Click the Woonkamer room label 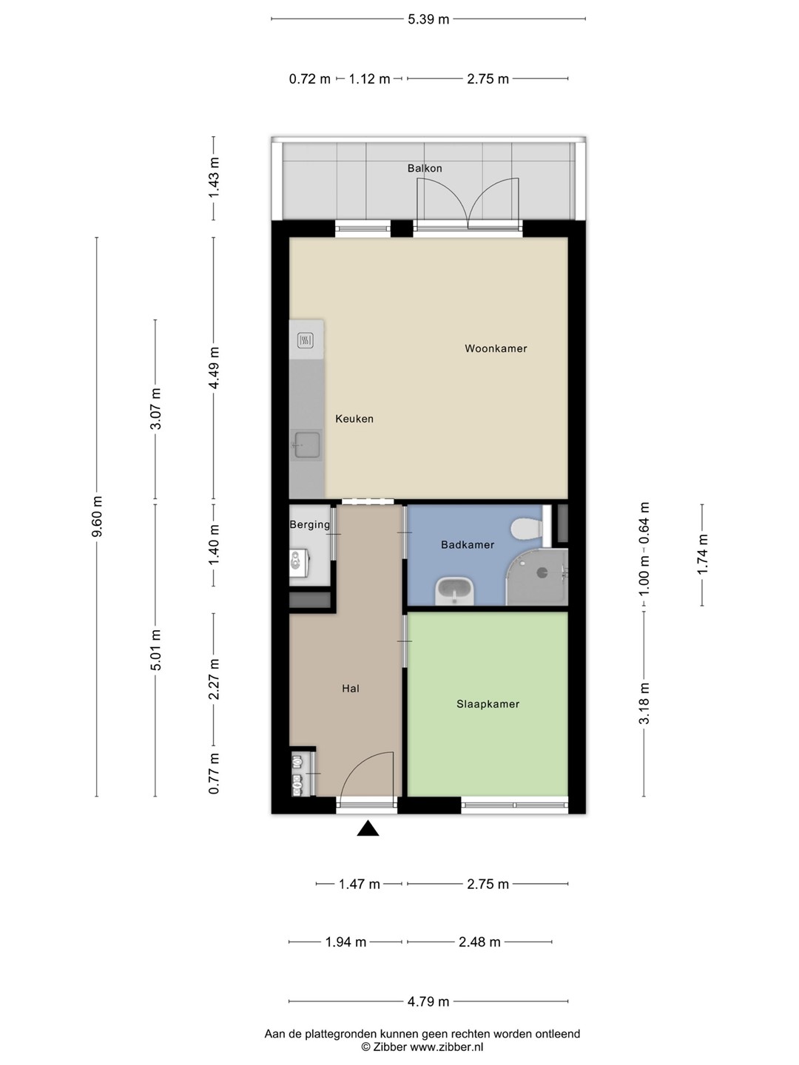(496, 348)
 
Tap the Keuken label (354, 419)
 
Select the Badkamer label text (467, 545)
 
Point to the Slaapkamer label (488, 704)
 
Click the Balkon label (425, 169)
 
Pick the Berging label (309, 524)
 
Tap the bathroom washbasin (455, 592)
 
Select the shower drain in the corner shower (542, 573)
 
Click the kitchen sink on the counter (306, 445)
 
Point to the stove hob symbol (305, 341)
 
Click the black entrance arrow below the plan (368, 828)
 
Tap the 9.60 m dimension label (97, 517)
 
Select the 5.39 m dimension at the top (428, 19)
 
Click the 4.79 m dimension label (428, 1001)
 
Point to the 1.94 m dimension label (345, 942)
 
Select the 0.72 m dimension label (309, 78)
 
